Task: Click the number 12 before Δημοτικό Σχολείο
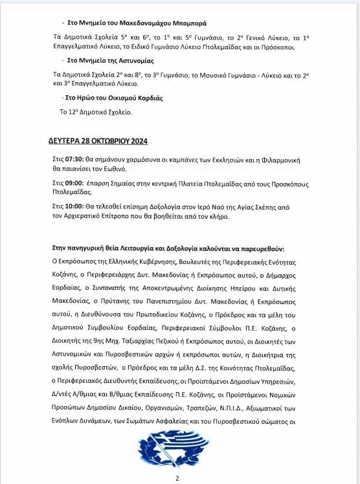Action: click(65, 112)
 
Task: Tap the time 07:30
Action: click(75, 159)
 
